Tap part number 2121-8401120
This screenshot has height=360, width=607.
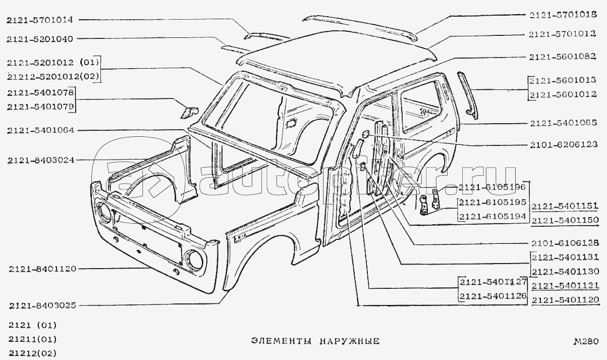42,269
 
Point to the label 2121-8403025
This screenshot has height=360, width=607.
42,305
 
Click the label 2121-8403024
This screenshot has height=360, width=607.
41,161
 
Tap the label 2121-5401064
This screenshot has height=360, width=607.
41,130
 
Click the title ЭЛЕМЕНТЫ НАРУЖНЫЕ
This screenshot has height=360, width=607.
315,341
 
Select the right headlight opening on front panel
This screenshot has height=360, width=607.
193,260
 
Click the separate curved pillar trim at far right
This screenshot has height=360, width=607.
467,93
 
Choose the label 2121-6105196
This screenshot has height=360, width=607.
492,187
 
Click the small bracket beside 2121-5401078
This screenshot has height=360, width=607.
189,111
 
